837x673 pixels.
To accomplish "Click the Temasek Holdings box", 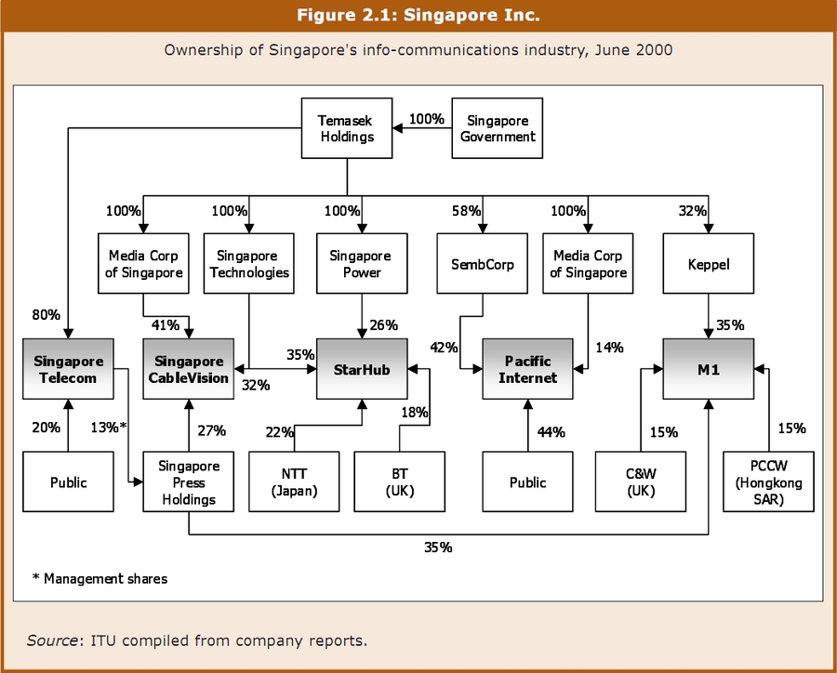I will [x=347, y=128].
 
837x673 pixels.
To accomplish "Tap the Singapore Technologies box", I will [x=249, y=264].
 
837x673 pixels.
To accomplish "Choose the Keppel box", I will [x=709, y=264].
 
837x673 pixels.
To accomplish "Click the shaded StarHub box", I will [x=362, y=369].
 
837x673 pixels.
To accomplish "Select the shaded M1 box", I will [x=709, y=369].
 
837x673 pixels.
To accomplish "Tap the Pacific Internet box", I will [x=527, y=369].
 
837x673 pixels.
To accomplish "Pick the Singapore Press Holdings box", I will [x=189, y=482].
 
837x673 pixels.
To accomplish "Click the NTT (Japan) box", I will [x=294, y=482].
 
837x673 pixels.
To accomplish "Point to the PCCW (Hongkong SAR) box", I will [x=768, y=482].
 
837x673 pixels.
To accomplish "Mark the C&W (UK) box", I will [x=640, y=482].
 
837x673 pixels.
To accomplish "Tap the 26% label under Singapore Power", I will [x=382, y=325].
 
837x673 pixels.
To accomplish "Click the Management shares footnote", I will [x=100, y=578].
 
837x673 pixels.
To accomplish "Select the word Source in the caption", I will [x=50, y=640].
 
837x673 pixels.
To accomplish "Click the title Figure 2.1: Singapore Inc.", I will [x=418, y=15].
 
